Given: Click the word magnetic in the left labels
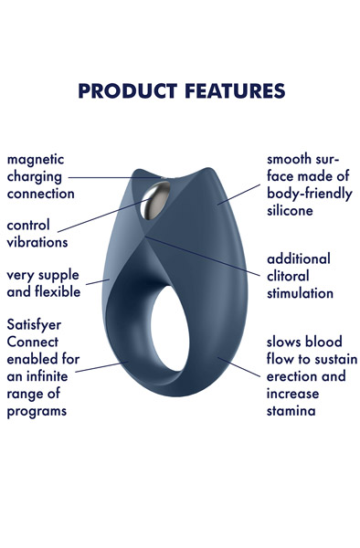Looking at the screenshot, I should pos(36,160).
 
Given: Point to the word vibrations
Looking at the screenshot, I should pos(37,242).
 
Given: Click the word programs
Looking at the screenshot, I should pos(37,411).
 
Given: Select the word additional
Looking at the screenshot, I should pos(300,259).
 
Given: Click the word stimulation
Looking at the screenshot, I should pos(300,294).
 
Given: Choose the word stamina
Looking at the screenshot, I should pos(291,411).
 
